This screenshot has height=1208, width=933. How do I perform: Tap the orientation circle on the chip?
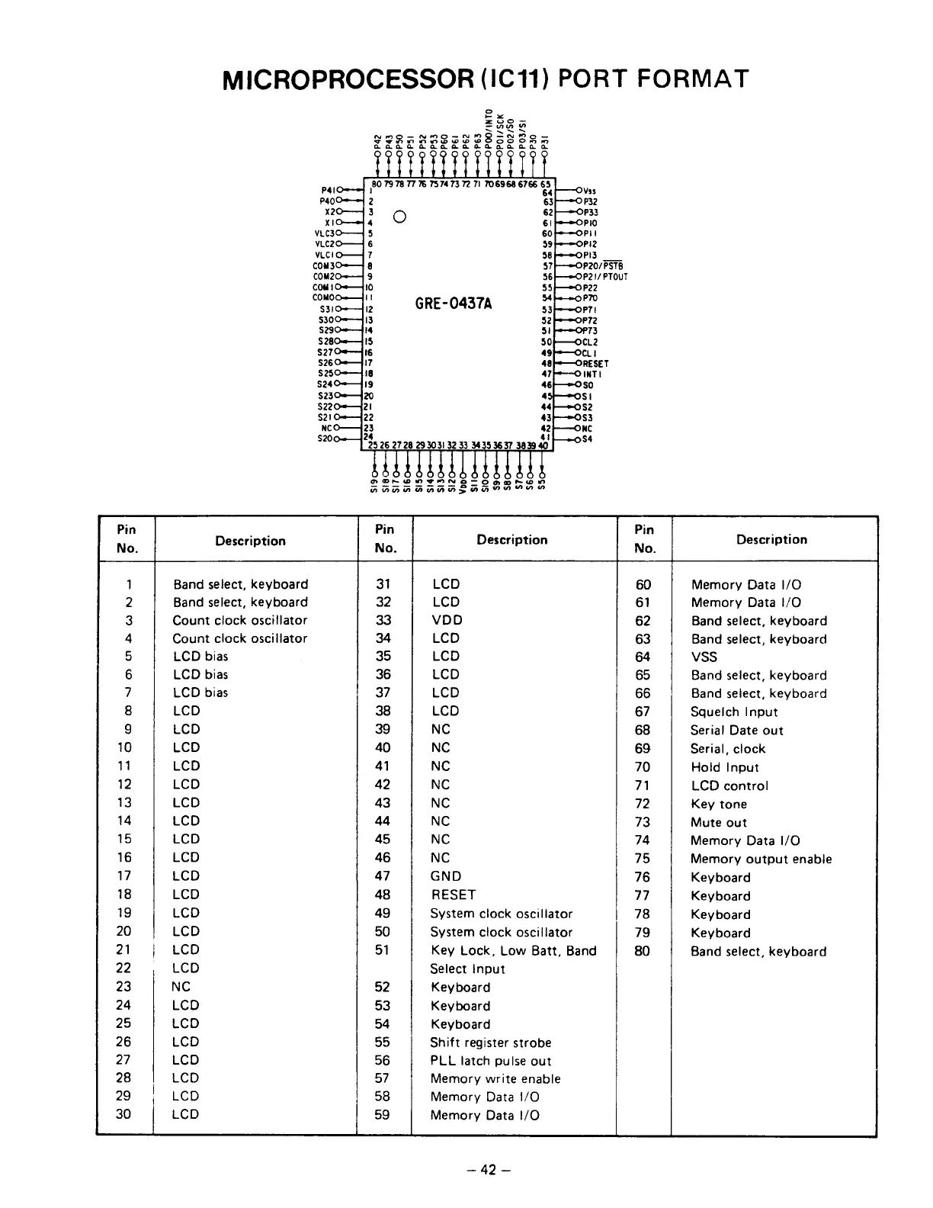[399, 217]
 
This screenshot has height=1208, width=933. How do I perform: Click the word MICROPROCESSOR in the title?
[347, 79]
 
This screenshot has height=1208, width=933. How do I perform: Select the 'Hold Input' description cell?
[724, 767]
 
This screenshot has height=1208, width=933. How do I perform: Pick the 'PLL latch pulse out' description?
[490, 1060]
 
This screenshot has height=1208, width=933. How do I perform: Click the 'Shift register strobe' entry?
[490, 1042]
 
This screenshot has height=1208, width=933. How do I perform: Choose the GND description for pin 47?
[445, 876]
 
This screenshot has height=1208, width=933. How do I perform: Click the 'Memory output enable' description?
[761, 859]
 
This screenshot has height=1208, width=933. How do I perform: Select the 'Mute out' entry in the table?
[718, 822]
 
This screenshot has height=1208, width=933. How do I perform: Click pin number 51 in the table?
[382, 949]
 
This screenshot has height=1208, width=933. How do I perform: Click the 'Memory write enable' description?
[495, 1078]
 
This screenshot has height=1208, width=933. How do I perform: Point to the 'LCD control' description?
[729, 786]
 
